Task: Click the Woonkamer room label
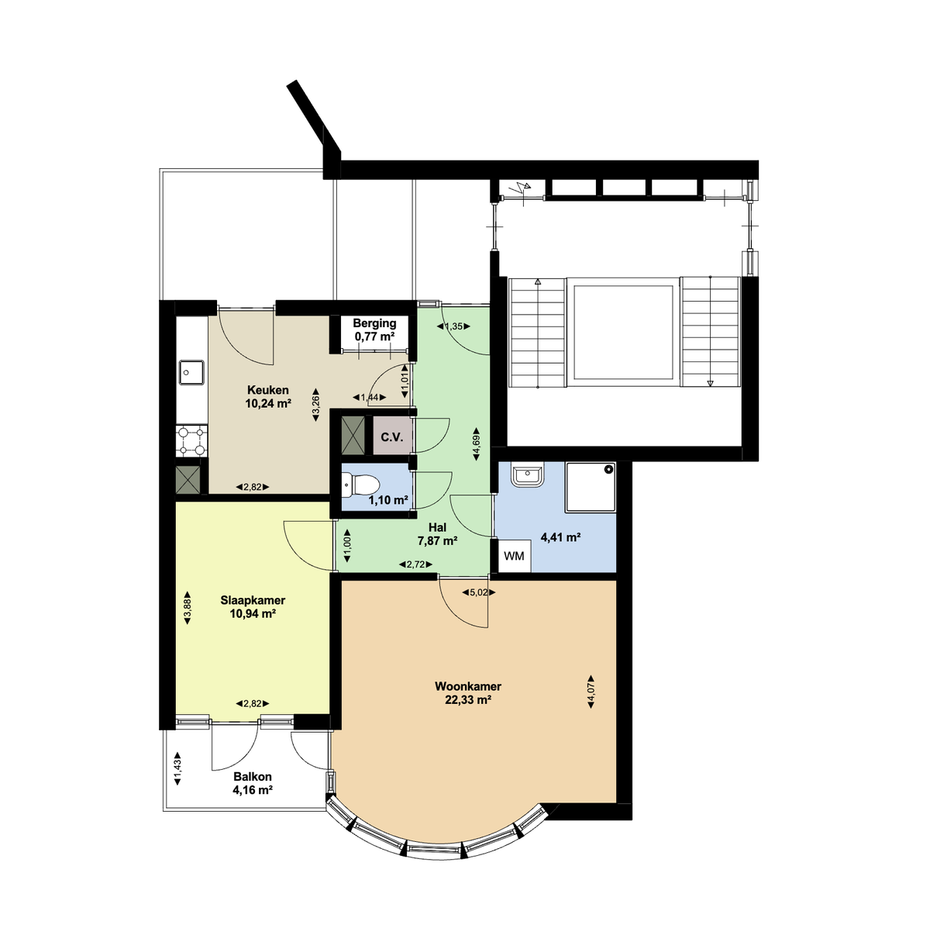point(467,686)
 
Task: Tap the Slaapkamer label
point(253,600)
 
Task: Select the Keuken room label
point(268,390)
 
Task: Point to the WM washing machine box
point(514,556)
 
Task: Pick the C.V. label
point(391,437)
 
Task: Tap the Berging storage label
point(374,323)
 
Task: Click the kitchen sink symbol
point(190,372)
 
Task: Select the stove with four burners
point(191,440)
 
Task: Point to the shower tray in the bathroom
point(591,487)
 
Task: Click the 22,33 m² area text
point(467,700)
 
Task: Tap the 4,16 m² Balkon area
point(253,791)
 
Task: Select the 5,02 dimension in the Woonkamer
point(478,593)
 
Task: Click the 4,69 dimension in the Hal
point(477,447)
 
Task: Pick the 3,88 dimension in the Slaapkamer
point(187,607)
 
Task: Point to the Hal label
point(437,527)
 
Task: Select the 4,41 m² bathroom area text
point(561,537)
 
